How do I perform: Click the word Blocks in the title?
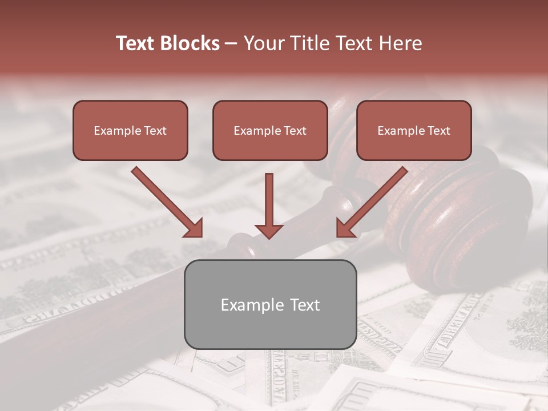pos(191,43)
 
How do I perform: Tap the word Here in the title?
pos(400,43)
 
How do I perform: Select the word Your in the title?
pos(263,43)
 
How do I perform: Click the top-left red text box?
pos(130,130)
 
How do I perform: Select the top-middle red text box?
pos(270,130)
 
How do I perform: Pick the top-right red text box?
pos(414,130)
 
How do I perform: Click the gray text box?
pos(270,304)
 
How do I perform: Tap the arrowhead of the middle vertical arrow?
pos(269,231)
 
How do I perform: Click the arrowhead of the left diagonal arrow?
pos(194,228)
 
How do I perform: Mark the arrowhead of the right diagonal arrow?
pos(345,228)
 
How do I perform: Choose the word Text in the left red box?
pos(155,131)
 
